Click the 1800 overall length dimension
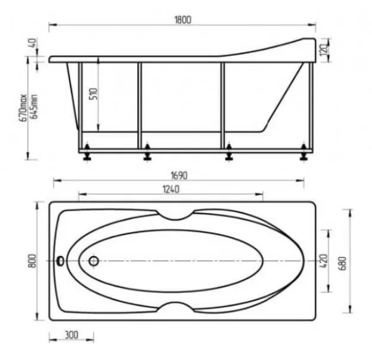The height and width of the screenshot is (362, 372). click(182, 20)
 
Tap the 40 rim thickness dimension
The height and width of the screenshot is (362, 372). click(33, 43)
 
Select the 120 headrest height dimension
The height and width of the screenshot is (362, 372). click(324, 50)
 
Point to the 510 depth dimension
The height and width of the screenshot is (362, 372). click(94, 94)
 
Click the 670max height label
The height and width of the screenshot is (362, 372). click(23, 108)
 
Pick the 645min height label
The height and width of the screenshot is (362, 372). click(34, 107)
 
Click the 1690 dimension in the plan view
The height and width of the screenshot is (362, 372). click(179, 176)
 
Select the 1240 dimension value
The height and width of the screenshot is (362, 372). click(171, 189)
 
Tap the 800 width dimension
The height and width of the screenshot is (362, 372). click(32, 261)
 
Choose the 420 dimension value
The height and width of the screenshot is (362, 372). click(324, 261)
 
